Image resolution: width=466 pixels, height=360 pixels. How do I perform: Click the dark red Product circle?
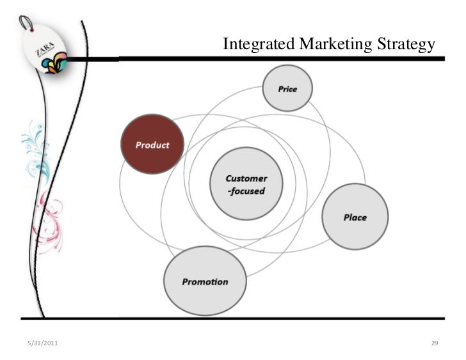point(152,144)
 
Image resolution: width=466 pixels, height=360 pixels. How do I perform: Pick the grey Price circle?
point(287,89)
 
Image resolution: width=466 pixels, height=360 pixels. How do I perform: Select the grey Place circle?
point(355,217)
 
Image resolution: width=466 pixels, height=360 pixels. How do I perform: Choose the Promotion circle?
point(204,281)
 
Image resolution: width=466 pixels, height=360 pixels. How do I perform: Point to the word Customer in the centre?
point(246,178)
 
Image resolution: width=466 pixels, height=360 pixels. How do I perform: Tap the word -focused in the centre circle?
point(246,191)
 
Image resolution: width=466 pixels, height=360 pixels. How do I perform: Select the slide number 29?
point(434,344)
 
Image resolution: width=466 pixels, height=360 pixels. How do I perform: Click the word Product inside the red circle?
point(152,145)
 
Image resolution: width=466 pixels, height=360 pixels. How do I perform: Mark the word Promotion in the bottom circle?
point(204,281)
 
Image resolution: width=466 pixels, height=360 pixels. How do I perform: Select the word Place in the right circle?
point(355,217)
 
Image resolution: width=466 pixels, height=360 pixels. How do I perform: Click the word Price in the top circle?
point(287,89)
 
